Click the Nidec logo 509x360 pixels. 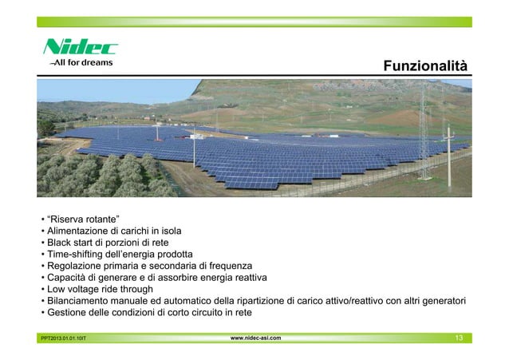80,46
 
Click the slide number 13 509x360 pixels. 458,338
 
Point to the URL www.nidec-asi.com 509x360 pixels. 254,338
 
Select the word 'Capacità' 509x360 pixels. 69,278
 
